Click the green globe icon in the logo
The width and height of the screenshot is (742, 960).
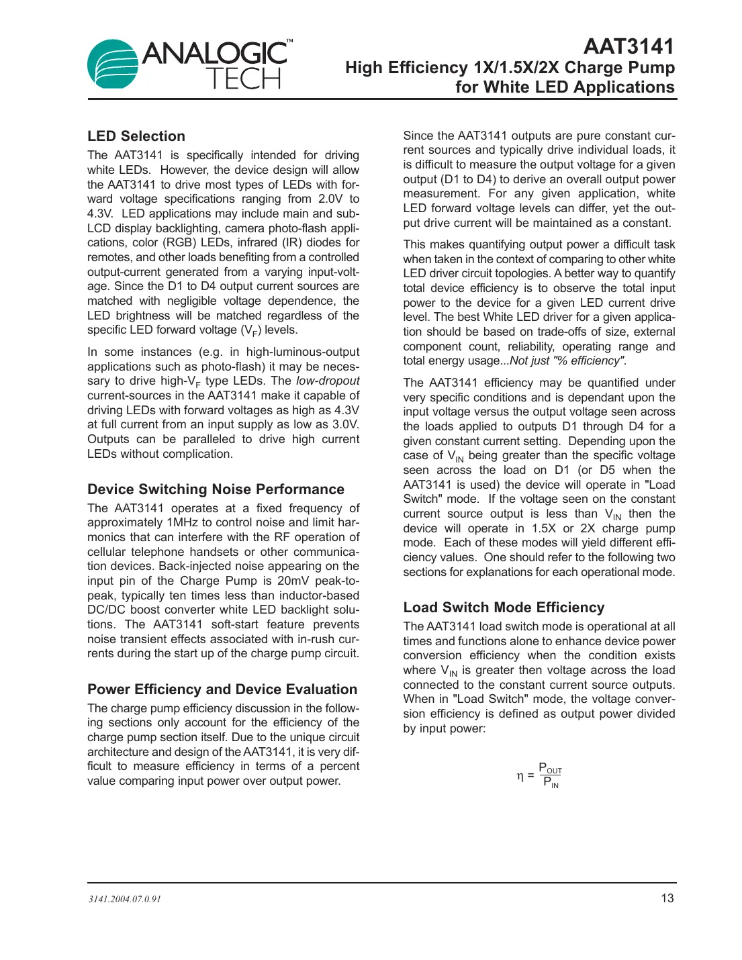click(112, 64)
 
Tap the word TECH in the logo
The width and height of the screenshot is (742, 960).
click(243, 79)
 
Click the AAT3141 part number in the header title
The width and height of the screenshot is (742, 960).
click(629, 46)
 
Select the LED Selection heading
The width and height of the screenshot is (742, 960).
click(136, 136)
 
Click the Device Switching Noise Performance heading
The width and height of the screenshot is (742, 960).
click(216, 489)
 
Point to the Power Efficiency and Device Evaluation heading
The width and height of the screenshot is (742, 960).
click(222, 689)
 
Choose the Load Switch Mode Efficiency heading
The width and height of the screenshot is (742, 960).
click(504, 608)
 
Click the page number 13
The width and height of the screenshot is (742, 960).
click(667, 898)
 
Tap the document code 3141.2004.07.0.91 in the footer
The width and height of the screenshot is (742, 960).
click(125, 900)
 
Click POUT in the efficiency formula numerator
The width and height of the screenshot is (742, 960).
click(550, 769)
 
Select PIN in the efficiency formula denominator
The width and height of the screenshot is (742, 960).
click(551, 783)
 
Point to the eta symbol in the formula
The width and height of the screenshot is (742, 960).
click(520, 776)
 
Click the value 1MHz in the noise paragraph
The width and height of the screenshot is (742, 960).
click(183, 523)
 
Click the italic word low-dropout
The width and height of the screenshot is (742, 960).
click(328, 381)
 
